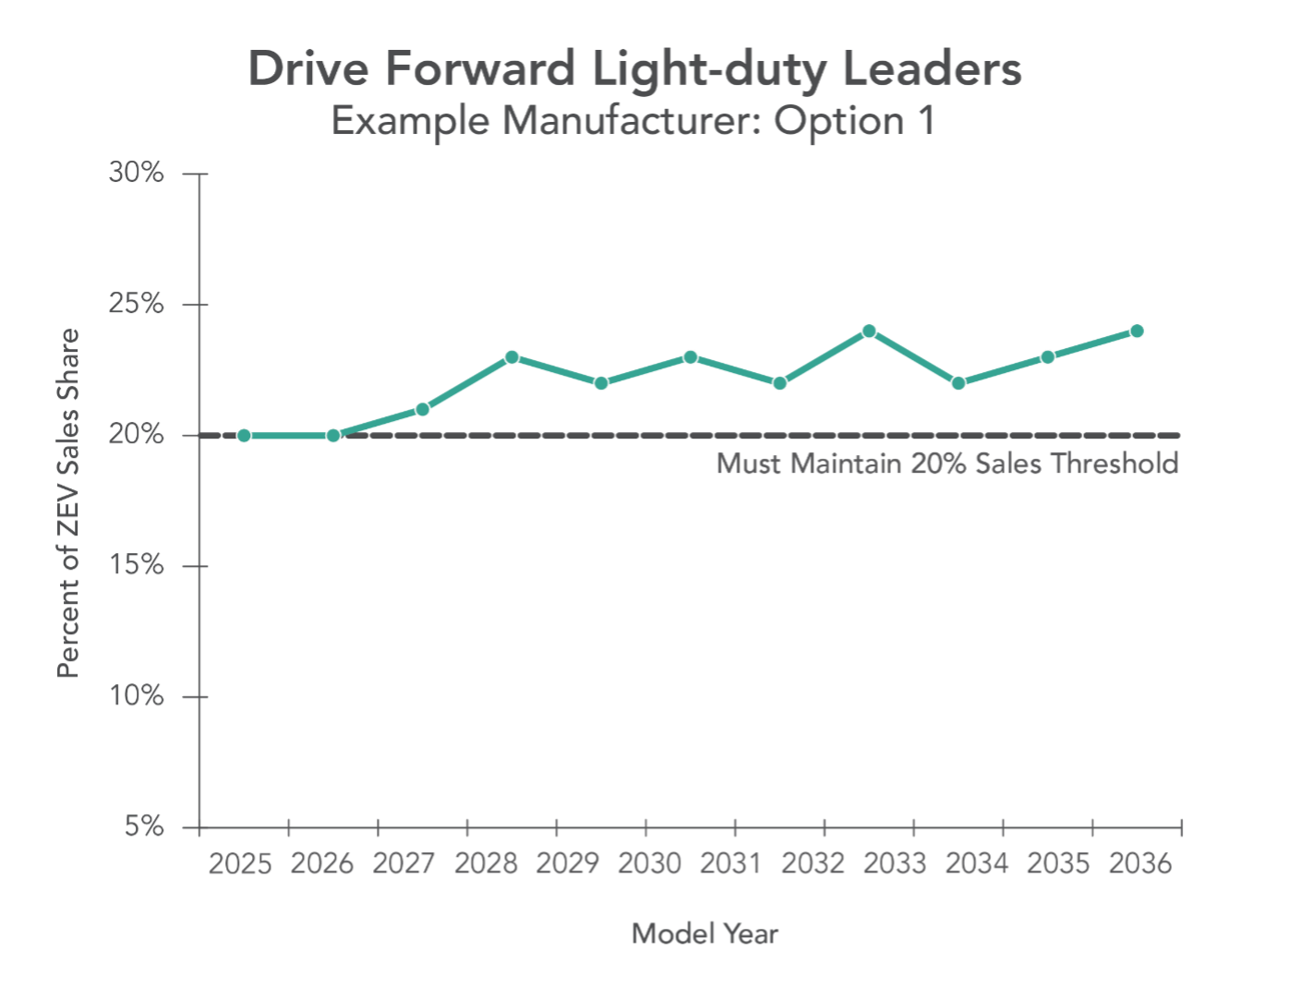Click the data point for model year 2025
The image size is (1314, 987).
coord(244,435)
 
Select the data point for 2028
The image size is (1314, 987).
coord(512,357)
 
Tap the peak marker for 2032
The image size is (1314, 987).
coord(869,331)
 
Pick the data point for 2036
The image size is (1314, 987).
coord(1137,331)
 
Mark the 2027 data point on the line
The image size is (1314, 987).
coord(422,409)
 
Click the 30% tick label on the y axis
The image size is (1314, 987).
coord(137,174)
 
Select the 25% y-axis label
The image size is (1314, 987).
coord(137,305)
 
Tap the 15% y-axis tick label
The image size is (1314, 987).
coord(137,566)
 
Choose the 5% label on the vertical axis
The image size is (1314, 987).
coord(145,826)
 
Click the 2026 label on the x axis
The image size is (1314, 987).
coord(322,864)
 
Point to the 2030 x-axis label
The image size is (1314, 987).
coord(649,864)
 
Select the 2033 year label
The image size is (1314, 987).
coord(895,864)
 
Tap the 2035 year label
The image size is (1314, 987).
coord(1058,864)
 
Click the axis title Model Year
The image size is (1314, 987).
coord(705,934)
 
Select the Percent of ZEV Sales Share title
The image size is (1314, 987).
coord(69,503)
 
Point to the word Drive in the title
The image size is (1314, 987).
coord(310,70)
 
